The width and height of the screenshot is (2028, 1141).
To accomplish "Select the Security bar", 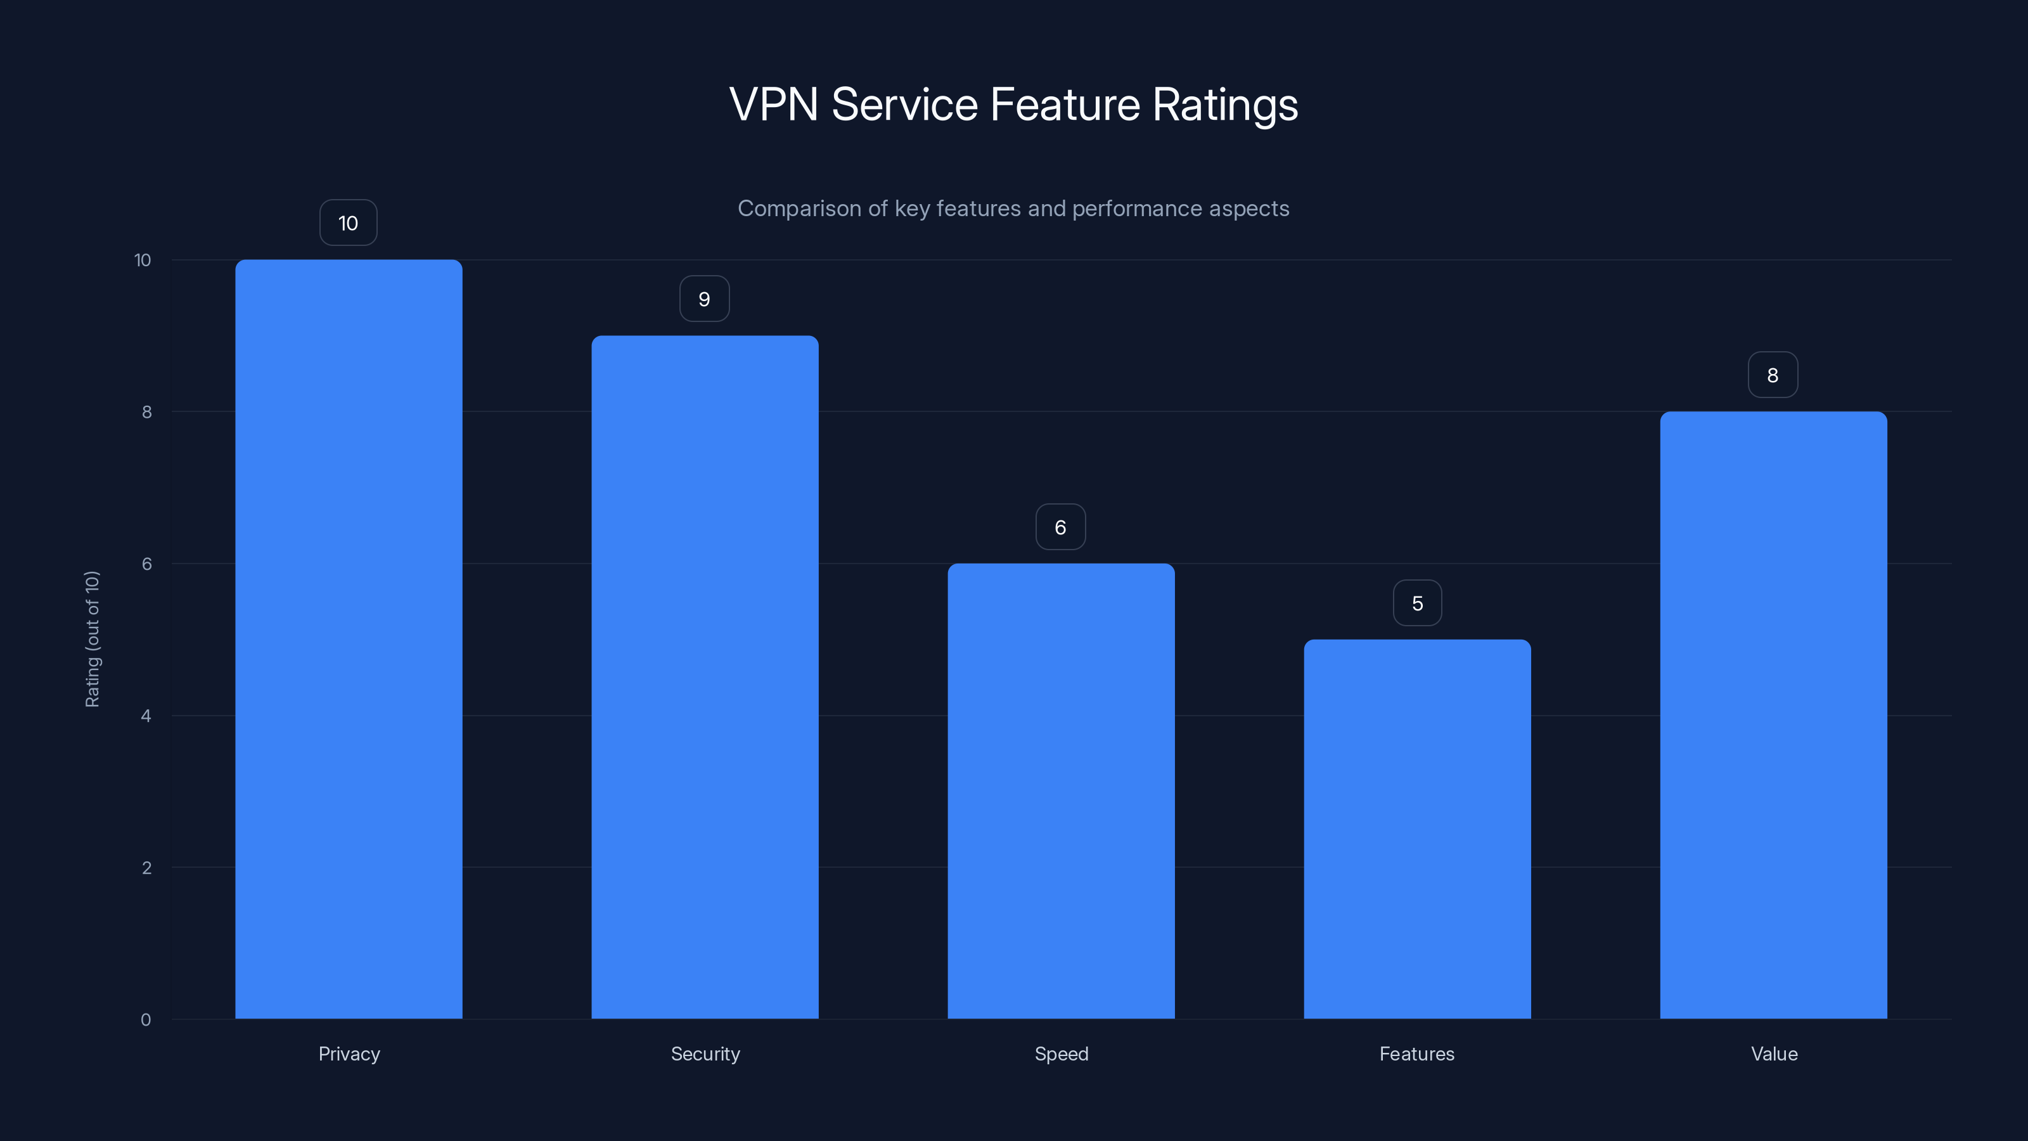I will click(x=705, y=677).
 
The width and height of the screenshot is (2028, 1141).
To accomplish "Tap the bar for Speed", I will click(x=1060, y=790).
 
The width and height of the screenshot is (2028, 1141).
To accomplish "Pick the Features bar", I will click(x=1417, y=828).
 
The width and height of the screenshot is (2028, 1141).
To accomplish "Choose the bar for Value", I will click(x=1773, y=715).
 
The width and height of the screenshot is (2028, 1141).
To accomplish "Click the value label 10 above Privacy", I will click(x=348, y=223).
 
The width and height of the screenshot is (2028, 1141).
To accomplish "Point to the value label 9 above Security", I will click(x=705, y=299).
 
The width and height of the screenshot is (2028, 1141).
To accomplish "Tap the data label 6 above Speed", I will click(x=1060, y=527).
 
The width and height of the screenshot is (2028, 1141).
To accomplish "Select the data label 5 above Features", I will click(x=1417, y=603).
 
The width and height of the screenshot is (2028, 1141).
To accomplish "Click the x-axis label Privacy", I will click(x=349, y=1054).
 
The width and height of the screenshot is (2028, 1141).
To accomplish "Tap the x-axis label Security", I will click(x=705, y=1054).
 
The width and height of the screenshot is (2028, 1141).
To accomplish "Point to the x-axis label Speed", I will click(x=1060, y=1054).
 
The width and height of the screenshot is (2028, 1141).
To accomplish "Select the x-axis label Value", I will click(x=1774, y=1054).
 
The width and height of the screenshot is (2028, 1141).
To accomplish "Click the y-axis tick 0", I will click(x=146, y=1020).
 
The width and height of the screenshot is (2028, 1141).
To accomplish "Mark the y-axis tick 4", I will click(x=146, y=716).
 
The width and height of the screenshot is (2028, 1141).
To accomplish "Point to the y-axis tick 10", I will click(x=143, y=260).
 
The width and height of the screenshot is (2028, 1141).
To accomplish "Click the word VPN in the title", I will click(x=773, y=105).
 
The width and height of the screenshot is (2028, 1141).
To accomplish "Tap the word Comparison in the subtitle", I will click(x=799, y=209).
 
